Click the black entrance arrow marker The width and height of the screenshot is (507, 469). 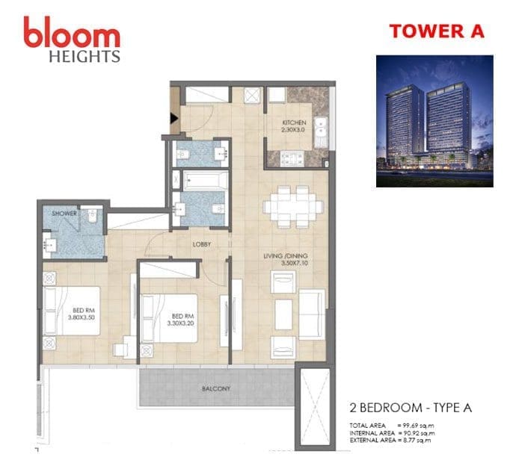(174, 119)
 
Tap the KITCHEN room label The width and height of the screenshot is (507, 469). (294, 122)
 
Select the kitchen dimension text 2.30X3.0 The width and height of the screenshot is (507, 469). (294, 130)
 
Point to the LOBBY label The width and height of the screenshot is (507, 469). (202, 244)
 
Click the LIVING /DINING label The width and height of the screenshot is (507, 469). (286, 256)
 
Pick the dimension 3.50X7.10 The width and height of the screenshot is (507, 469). (294, 263)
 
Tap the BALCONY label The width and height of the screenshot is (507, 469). (216, 388)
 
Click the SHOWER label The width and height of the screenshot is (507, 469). (64, 214)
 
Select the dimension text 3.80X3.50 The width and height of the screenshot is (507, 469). (82, 317)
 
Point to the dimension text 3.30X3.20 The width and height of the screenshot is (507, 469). (180, 323)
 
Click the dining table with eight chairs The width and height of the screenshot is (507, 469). (293, 207)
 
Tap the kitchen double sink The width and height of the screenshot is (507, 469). (322, 131)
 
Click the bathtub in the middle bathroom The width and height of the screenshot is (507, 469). (206, 181)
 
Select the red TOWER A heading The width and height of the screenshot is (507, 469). (437, 31)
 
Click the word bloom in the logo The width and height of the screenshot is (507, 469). (72, 33)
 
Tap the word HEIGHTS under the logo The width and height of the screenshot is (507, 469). (84, 57)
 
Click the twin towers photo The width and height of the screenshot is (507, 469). (434, 121)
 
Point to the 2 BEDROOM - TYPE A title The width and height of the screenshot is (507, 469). (411, 408)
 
